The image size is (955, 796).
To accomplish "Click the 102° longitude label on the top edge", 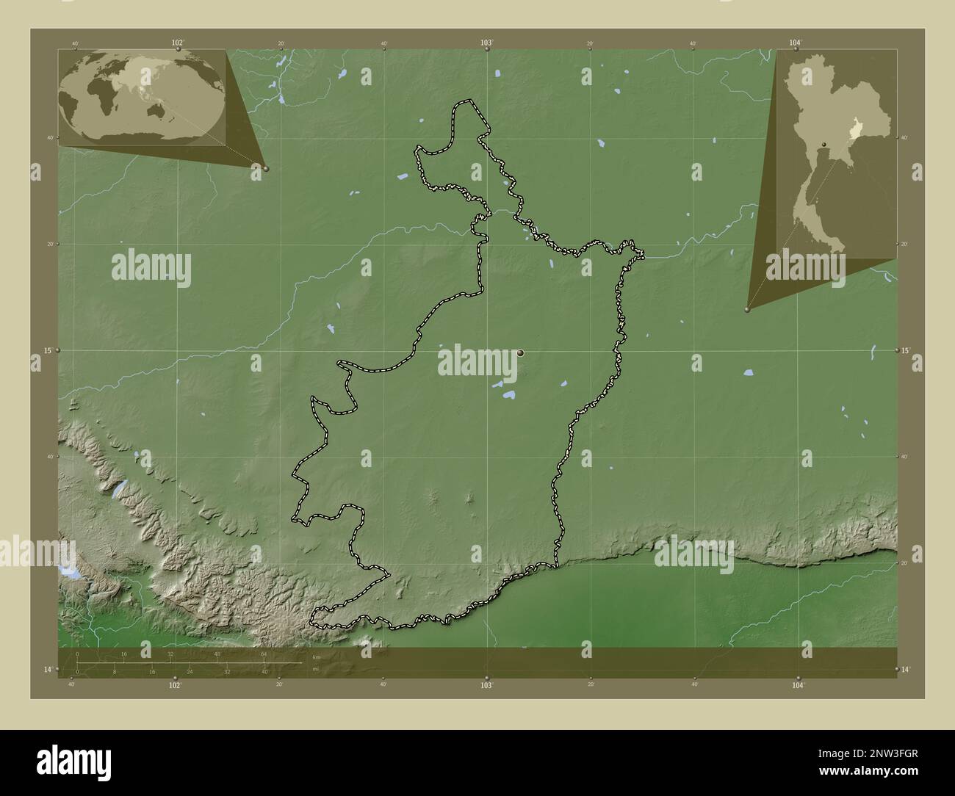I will click(x=177, y=43).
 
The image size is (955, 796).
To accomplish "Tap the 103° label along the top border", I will click(x=486, y=43).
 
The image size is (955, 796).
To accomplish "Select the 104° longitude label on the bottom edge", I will click(x=799, y=684).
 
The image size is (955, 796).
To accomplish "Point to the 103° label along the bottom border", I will click(x=486, y=684).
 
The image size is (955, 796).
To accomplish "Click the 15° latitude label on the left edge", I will click(x=46, y=351).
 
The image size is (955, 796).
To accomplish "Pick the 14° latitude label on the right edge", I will click(x=906, y=669).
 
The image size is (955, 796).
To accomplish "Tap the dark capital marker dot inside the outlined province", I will click(x=521, y=353).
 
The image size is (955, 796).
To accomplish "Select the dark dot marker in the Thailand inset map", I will click(x=824, y=144).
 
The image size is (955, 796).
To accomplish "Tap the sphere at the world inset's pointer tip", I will click(x=266, y=168).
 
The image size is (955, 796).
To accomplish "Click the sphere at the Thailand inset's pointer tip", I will click(x=747, y=310).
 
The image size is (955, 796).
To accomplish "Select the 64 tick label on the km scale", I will click(x=263, y=654).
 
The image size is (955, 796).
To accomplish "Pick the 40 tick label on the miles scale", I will click(x=264, y=671).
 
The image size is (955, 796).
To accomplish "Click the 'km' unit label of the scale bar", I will click(x=316, y=656).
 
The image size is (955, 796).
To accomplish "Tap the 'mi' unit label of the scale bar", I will click(x=315, y=668).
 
